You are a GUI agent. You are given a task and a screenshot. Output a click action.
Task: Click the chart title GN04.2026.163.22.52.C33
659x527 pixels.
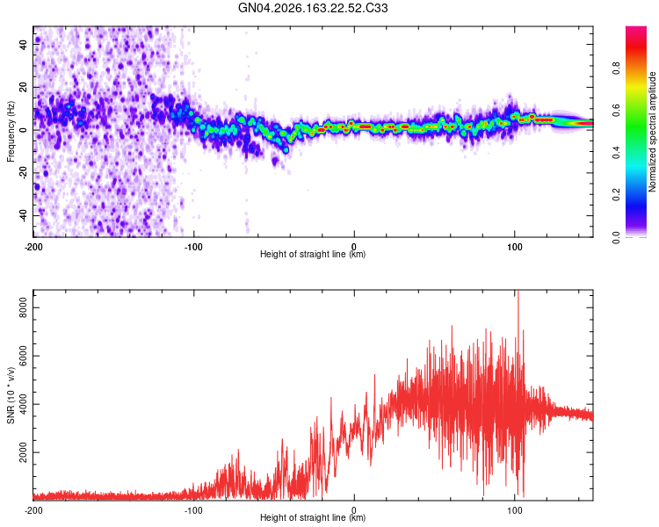pos(313,8)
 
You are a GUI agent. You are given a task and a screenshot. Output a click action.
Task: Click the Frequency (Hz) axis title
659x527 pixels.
pos(11,132)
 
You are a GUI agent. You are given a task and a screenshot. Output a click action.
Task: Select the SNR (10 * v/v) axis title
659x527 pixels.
pos(11,395)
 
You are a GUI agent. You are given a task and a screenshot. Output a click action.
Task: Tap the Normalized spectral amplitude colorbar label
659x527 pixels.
pos(652,132)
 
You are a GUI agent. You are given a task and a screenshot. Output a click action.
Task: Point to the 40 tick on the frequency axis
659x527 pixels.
pos(23,44)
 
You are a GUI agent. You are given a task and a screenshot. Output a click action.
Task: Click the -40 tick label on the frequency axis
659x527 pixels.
pos(23,215)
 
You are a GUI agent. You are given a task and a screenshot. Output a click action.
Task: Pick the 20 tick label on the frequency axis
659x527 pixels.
pos(23,87)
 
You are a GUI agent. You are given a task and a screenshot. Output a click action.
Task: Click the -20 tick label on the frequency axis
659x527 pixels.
pos(23,173)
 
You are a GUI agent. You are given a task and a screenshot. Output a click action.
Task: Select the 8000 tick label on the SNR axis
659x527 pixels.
pos(23,307)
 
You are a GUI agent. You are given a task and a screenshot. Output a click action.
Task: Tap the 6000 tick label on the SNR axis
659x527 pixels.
pos(23,356)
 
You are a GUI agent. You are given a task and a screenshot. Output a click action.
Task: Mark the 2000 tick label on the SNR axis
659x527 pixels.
pos(23,452)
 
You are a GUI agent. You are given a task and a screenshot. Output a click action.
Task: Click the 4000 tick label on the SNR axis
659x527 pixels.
pos(23,404)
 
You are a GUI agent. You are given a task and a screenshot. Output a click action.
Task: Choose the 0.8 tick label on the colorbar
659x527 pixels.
pos(616,69)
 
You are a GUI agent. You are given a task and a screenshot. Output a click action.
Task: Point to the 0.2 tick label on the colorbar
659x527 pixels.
pos(616,195)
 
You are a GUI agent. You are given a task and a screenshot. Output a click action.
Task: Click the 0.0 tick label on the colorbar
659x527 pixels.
pos(616,237)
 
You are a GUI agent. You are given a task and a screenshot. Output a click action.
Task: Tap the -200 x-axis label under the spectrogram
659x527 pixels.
pos(33,247)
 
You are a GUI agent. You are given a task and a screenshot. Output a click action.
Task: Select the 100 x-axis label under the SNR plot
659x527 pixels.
pos(514,510)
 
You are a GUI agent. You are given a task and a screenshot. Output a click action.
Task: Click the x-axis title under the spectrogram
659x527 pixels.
pos(313,254)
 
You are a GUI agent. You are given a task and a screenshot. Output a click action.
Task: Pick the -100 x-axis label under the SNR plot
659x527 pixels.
pos(193,510)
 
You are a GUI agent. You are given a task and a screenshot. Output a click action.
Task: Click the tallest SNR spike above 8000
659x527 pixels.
pos(518,294)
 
